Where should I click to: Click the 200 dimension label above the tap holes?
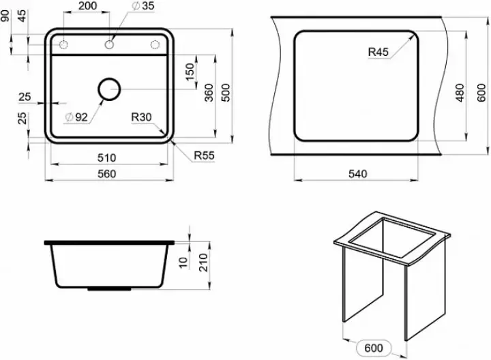pyautogui.click(x=87, y=6)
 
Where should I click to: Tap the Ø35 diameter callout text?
pyautogui.click(x=143, y=5)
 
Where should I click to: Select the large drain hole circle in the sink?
pyautogui.click(x=109, y=89)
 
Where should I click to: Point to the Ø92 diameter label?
pyautogui.click(x=76, y=117)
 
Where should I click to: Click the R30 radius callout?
pyautogui.click(x=141, y=117)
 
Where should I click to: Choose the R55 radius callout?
pyautogui.click(x=204, y=155)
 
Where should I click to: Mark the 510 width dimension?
pyautogui.click(x=106, y=157)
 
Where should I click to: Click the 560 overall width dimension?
pyautogui.click(x=106, y=174)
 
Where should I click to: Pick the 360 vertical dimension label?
pyautogui.click(x=209, y=93)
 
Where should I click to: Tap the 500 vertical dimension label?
pyautogui.click(x=226, y=93)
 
